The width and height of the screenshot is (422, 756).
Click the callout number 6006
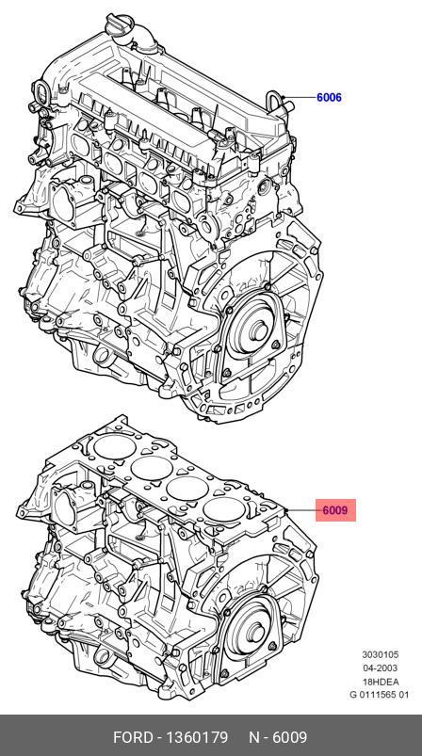(329, 97)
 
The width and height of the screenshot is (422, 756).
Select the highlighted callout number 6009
(335, 510)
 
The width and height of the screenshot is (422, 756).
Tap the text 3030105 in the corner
(381, 654)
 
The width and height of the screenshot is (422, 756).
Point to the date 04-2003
(381, 668)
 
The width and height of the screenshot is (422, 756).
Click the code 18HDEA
(381, 682)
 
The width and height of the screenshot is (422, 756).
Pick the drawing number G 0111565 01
(379, 695)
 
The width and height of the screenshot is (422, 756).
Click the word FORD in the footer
(134, 737)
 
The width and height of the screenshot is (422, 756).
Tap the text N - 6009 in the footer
(278, 737)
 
